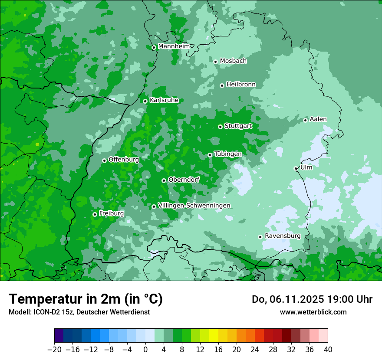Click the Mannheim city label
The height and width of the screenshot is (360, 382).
click(x=174, y=46)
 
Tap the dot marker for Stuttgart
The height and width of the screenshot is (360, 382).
click(x=220, y=127)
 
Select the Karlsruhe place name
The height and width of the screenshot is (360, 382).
click(x=164, y=100)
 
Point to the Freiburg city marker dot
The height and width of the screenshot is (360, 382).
click(x=95, y=214)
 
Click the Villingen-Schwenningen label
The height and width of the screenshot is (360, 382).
click(x=194, y=206)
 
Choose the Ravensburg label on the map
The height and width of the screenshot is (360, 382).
click(x=282, y=236)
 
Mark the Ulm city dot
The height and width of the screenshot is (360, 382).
click(x=296, y=168)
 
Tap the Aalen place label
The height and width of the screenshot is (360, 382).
click(x=318, y=119)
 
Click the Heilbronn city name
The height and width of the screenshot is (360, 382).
click(x=241, y=85)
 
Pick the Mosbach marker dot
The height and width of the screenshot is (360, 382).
click(x=215, y=62)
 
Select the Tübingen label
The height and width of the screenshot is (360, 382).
click(x=227, y=154)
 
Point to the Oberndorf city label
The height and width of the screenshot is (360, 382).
click(x=184, y=180)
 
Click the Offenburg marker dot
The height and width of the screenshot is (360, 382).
click(x=104, y=160)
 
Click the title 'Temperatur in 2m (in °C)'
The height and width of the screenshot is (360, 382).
click(x=86, y=299)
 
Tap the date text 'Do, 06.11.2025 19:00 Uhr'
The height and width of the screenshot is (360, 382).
click(x=312, y=299)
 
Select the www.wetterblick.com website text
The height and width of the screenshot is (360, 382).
click(x=313, y=312)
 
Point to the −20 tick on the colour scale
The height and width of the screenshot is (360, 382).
click(x=54, y=350)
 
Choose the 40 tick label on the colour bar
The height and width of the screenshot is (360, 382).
click(x=328, y=350)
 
